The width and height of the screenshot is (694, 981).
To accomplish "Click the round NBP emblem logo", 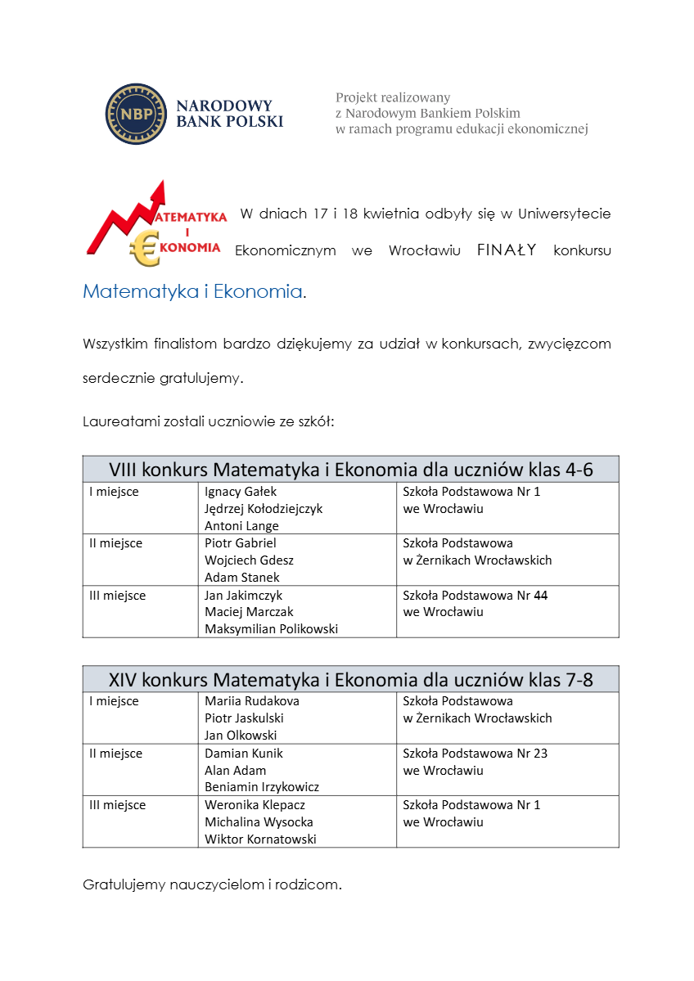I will coord(136,114).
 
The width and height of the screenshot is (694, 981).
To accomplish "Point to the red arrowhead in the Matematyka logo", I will coord(159,191).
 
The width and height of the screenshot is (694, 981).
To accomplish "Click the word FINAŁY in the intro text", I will coord(507,250).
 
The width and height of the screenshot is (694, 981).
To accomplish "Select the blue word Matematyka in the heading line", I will coord(140,291).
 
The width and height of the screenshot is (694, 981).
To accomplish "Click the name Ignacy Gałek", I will coord(241,492).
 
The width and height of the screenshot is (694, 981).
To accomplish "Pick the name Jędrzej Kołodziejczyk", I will coord(264,509).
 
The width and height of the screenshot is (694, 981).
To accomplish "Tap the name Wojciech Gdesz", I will coord(249,560).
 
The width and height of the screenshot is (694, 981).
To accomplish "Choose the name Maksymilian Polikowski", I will coord(271,629).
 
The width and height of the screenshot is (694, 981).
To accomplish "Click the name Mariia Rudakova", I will coord(252,701).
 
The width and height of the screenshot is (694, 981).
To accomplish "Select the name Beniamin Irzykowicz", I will coord(262,787).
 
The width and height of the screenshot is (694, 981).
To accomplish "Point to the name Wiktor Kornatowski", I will coord(260,839).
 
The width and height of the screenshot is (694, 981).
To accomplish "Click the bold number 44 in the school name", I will coord(541,596).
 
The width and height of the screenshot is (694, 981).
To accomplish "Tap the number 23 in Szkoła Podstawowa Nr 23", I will coord(540,754).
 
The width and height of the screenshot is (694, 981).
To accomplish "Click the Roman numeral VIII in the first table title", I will coord(123,470).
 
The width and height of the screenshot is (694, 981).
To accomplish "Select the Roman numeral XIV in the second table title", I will coord(123,680).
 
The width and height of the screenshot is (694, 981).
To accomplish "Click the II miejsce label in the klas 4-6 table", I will coord(115,543).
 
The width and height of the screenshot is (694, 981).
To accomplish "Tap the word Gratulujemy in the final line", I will coord(123,884).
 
